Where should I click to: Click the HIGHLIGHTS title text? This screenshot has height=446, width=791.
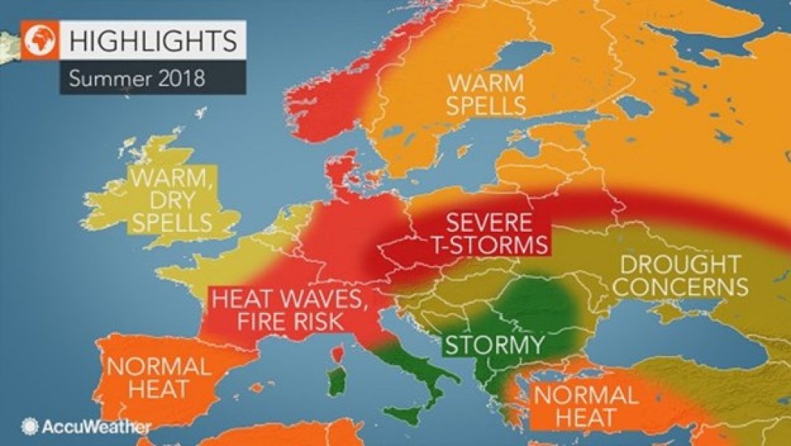pyautogui.click(x=152, y=39)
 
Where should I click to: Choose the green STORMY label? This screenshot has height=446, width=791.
pyautogui.click(x=493, y=346)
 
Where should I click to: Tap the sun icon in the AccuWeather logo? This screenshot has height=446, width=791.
pyautogui.click(x=30, y=427)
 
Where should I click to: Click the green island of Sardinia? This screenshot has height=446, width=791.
pyautogui.click(x=338, y=383)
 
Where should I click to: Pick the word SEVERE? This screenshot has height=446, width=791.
pyautogui.click(x=489, y=222)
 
